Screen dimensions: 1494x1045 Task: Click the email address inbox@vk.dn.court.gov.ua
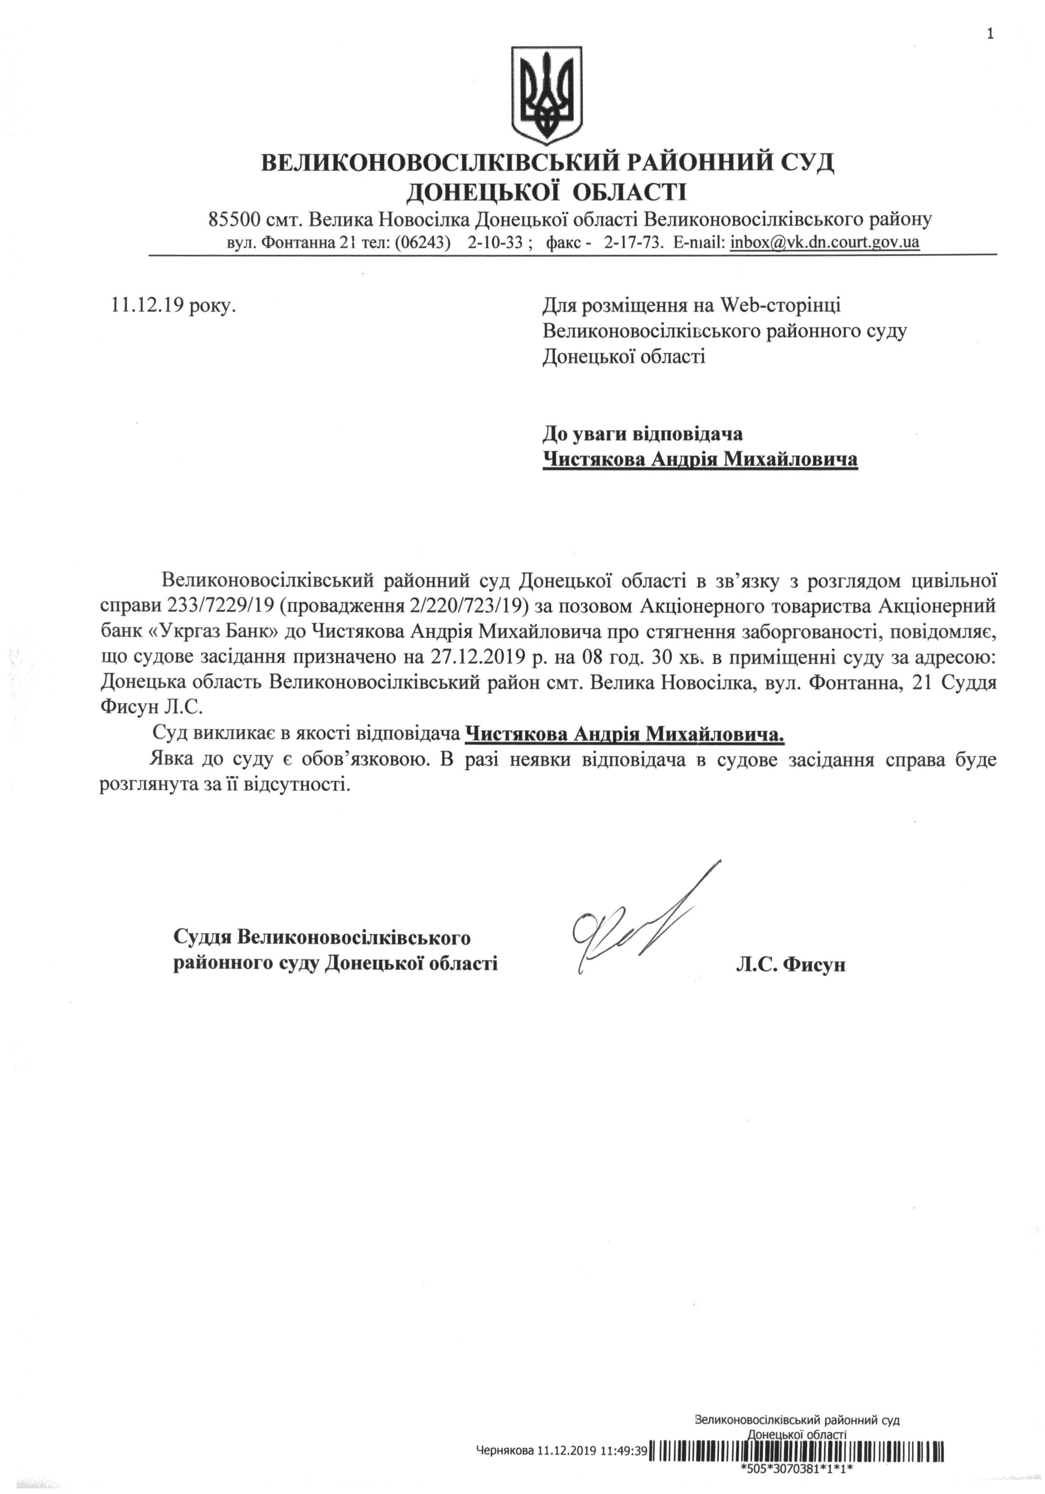[825, 243]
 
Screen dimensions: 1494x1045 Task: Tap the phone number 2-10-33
[495, 243]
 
